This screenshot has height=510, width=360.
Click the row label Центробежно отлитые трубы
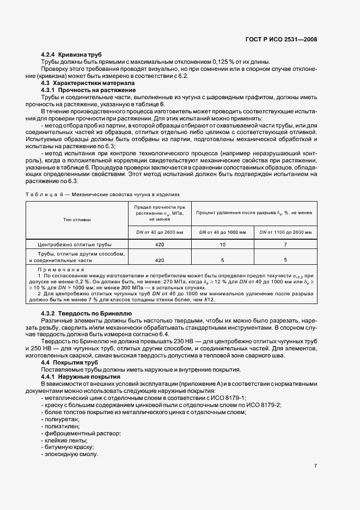pyautogui.click(x=76, y=245)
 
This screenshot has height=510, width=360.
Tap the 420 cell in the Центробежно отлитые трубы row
pyautogui.click(x=159, y=245)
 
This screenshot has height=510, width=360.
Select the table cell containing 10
pyautogui.click(x=223, y=245)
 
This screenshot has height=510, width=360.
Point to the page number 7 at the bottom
pyautogui.click(x=315, y=466)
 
